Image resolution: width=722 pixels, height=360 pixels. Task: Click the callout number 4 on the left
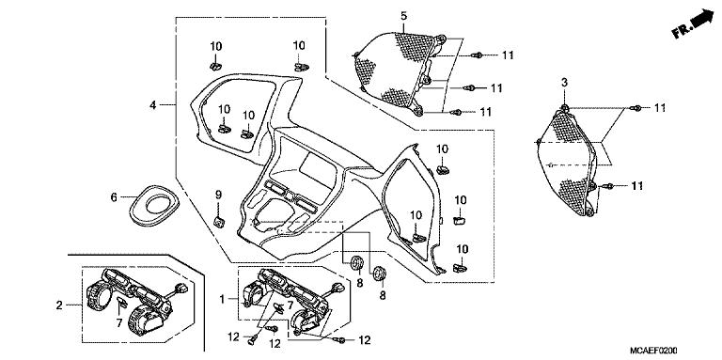pyautogui.click(x=151, y=106)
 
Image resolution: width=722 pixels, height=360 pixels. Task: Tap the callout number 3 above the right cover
pyautogui.click(x=564, y=86)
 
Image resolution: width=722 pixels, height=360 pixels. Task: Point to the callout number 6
pyautogui.click(x=114, y=198)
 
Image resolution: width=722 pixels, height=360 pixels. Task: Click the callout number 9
pyautogui.click(x=218, y=195)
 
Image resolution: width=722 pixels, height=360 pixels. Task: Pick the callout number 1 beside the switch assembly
pyautogui.click(x=221, y=299)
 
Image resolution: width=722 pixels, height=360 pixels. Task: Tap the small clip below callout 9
pyautogui.click(x=218, y=222)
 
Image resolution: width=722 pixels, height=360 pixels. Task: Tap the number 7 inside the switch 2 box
pyautogui.click(x=118, y=323)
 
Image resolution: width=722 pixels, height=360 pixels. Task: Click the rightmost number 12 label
pyautogui.click(x=364, y=339)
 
